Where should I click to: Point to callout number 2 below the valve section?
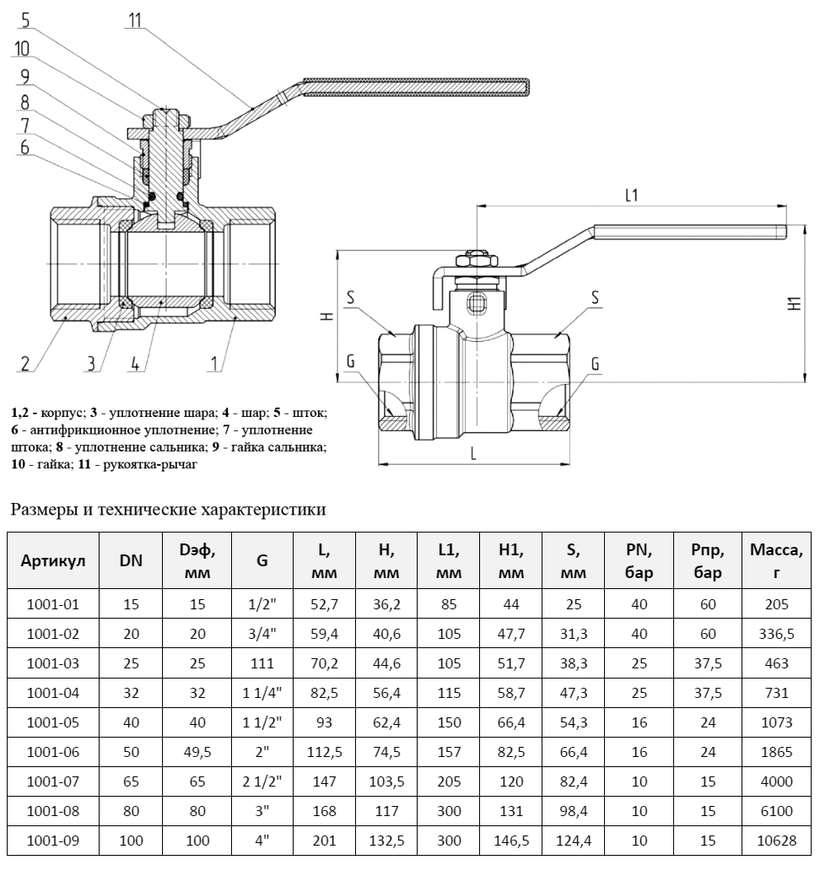26,364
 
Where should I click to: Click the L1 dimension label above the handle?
631,195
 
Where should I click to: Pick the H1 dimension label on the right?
794,305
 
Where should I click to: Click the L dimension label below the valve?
473,453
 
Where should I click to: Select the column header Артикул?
53,561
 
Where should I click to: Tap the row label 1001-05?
53,722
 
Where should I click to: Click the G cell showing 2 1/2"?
262,781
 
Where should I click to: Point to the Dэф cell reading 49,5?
198,752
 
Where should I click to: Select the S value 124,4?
574,841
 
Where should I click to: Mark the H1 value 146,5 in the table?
511,841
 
